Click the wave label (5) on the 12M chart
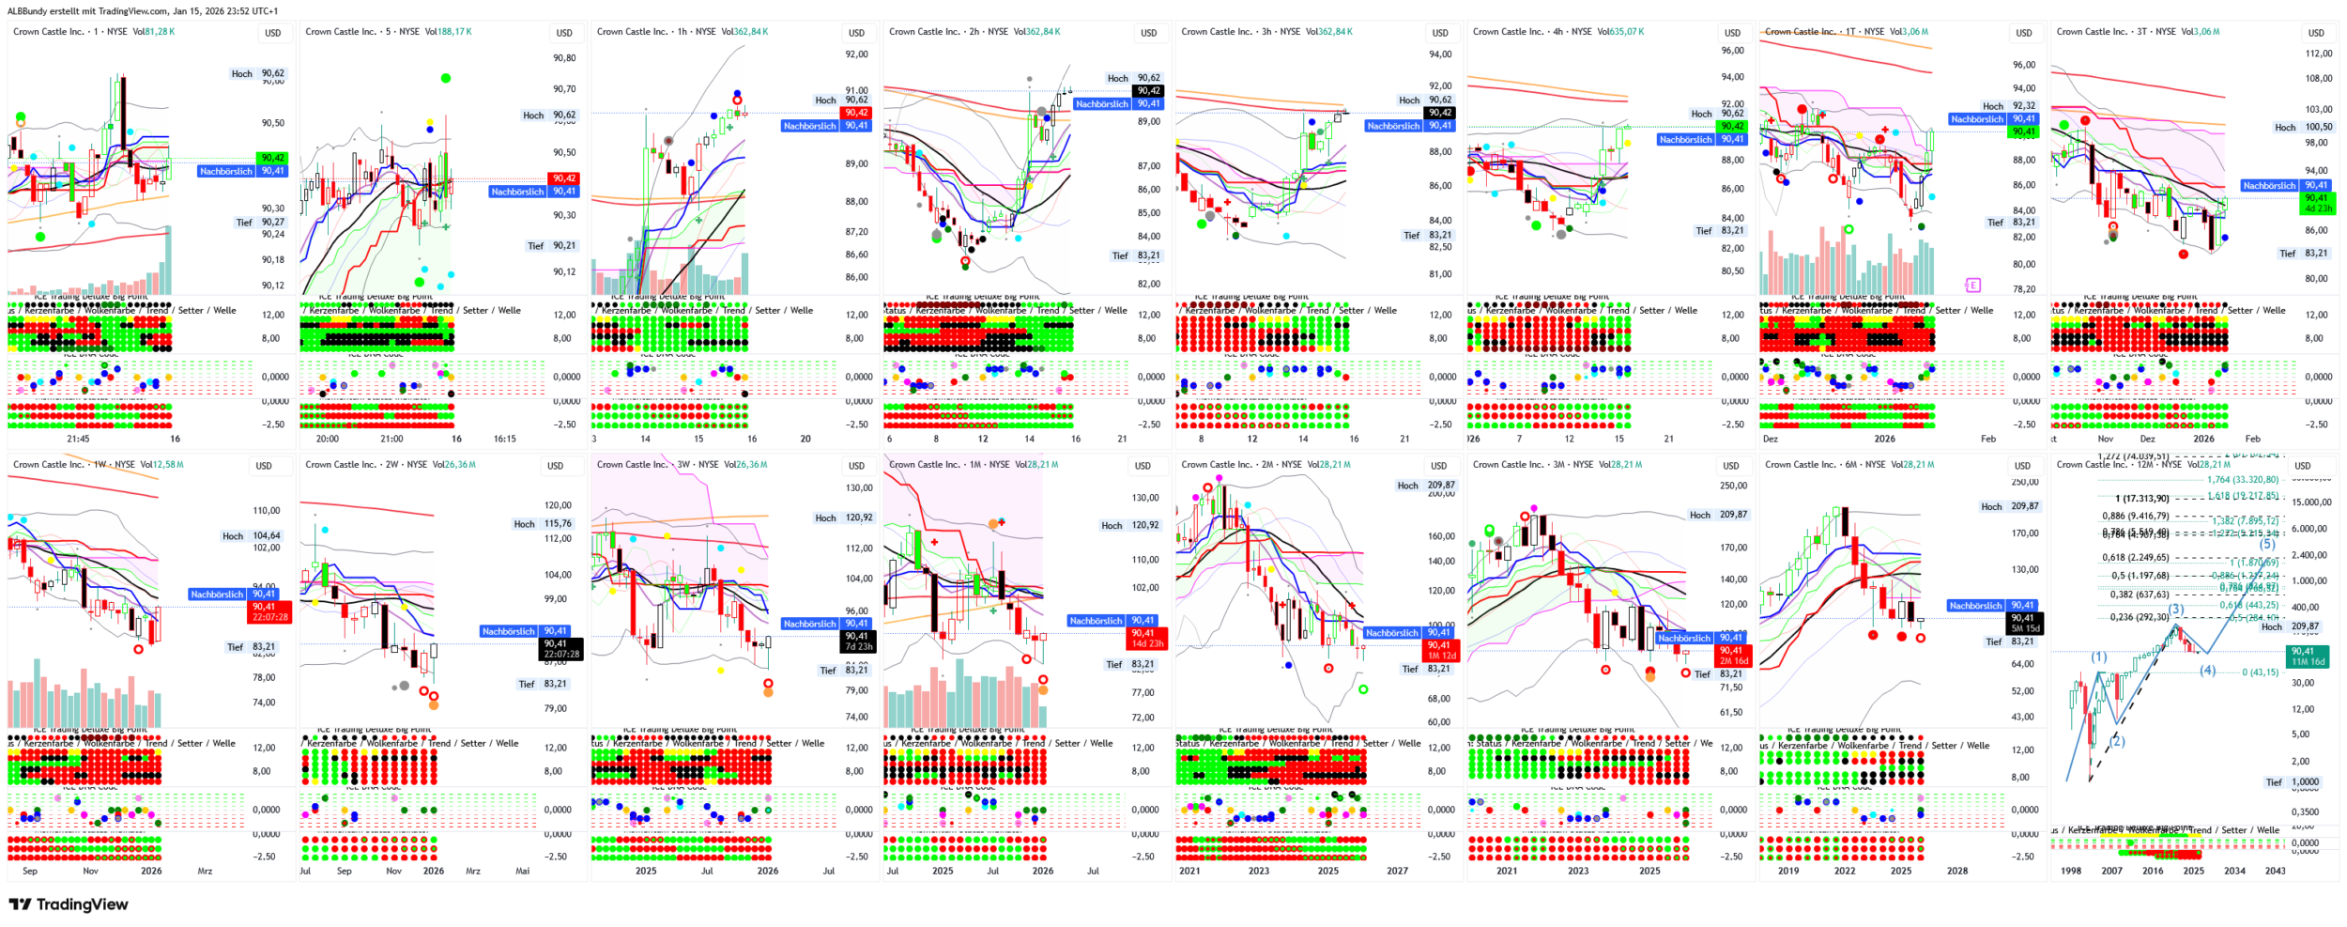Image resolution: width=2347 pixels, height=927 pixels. pos(2266,544)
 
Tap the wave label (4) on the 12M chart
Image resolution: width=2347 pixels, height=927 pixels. pos(2208,670)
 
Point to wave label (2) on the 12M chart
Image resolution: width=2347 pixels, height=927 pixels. pos(2117,741)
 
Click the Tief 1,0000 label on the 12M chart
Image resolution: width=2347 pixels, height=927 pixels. pos(2292,781)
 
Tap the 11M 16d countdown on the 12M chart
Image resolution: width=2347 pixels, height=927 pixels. pos(2308,662)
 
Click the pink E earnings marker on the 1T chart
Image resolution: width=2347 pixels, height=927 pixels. pos(1972,285)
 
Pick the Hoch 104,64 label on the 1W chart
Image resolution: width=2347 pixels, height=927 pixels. pos(251,535)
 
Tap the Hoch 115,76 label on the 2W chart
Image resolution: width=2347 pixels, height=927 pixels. pos(542,524)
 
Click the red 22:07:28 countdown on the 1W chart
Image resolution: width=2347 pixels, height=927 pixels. pos(270,617)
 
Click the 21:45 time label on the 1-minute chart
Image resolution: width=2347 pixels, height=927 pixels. pos(78,439)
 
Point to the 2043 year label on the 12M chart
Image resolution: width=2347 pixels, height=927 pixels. pos(2275,871)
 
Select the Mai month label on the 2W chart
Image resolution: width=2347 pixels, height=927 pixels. pos(522,871)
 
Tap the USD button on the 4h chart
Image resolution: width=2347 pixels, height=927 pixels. pos(1732,33)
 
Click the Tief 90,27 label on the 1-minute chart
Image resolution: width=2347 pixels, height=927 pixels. pos(259,223)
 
